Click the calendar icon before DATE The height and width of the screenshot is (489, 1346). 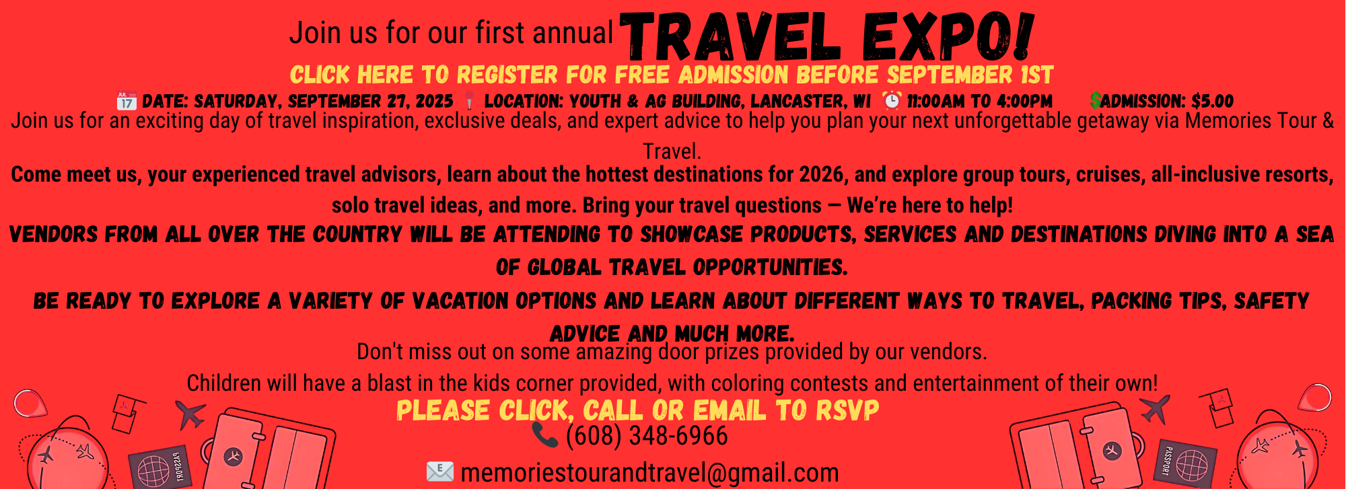click(x=127, y=101)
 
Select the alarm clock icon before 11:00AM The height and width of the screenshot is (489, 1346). click(x=892, y=100)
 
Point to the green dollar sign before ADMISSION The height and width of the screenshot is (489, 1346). click(x=1096, y=101)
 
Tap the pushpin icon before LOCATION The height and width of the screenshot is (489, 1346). click(x=469, y=101)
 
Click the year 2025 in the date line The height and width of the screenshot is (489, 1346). click(x=434, y=102)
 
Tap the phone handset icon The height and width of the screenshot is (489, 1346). click(x=545, y=435)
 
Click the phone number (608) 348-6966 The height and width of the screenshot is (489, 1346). click(x=647, y=436)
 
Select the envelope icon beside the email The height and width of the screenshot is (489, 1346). click(x=440, y=472)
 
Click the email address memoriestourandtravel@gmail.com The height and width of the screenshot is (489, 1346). click(x=649, y=473)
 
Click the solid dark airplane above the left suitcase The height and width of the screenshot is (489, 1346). click(x=191, y=414)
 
